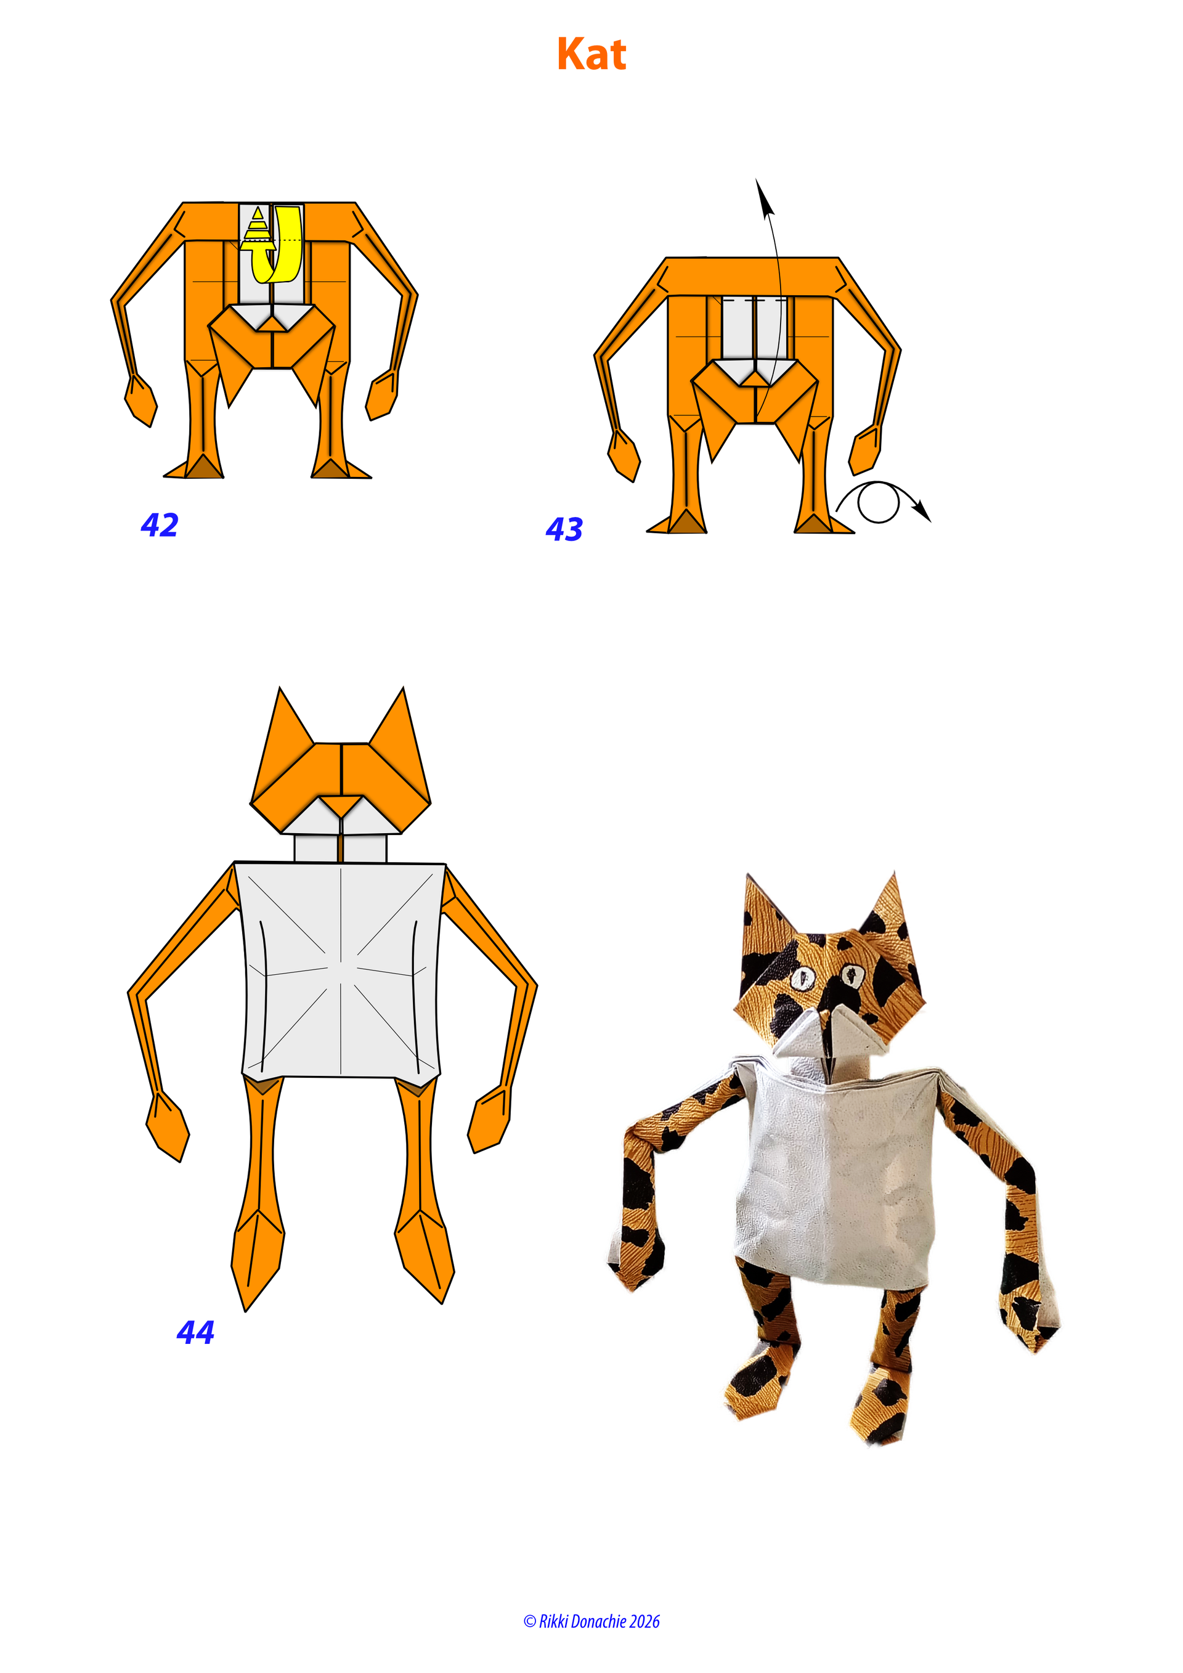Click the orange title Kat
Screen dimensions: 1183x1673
click(591, 54)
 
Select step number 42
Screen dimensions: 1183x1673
click(160, 524)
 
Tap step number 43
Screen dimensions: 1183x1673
click(564, 529)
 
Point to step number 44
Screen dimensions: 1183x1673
click(195, 1332)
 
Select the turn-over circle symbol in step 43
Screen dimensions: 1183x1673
click(878, 503)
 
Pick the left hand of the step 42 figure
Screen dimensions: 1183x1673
click(140, 400)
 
